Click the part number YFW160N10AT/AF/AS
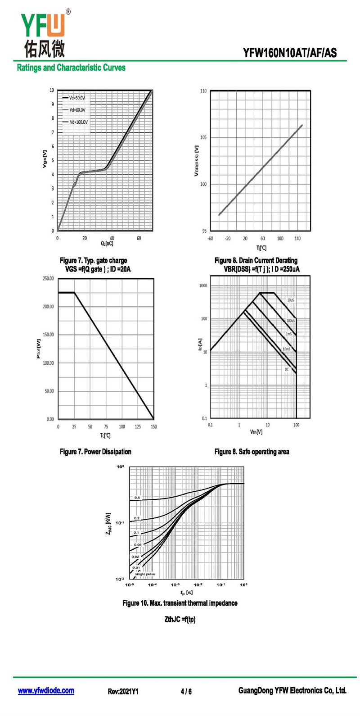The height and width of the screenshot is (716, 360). [289, 53]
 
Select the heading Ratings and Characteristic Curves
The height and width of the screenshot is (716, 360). [71, 68]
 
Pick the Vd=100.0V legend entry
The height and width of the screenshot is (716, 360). [78, 122]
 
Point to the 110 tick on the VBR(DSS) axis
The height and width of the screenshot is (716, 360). [203, 91]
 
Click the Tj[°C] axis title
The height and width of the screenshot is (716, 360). [261, 247]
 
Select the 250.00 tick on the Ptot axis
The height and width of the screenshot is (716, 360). [48, 279]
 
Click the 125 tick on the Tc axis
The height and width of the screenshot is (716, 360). [138, 426]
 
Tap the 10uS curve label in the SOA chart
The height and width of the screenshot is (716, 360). [291, 300]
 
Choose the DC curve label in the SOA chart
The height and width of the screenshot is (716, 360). [286, 369]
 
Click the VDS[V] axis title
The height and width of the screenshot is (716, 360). [256, 432]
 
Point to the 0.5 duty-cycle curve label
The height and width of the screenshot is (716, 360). [137, 498]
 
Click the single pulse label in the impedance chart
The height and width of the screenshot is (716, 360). [144, 574]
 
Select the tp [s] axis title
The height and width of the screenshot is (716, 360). [186, 592]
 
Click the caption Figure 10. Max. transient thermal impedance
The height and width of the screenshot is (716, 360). [180, 603]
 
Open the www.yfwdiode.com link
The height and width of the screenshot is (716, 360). [46, 691]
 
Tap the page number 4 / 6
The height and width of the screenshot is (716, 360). [186, 691]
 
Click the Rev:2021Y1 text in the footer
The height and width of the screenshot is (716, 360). [123, 691]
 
